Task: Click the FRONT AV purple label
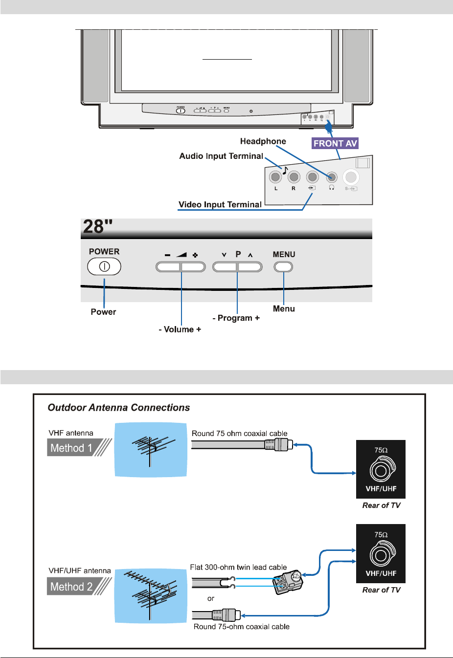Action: tap(335, 143)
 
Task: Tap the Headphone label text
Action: tap(263, 141)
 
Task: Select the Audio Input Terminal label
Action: tap(221, 156)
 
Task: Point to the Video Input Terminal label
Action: tap(220, 204)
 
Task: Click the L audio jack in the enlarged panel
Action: tap(276, 176)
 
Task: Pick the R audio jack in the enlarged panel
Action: tap(294, 176)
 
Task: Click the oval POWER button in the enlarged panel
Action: tap(104, 266)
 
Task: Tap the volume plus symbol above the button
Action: tap(195, 255)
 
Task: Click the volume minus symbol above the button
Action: tap(167, 255)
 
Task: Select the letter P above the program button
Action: tap(238, 254)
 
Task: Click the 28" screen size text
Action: tap(98, 227)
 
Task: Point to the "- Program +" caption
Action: tap(236, 318)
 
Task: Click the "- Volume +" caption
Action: tap(180, 329)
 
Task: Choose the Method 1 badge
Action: tap(71, 448)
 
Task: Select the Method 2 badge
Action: tap(71, 587)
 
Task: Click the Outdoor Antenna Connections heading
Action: tap(119, 408)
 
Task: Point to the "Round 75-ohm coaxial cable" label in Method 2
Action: tap(241, 627)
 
